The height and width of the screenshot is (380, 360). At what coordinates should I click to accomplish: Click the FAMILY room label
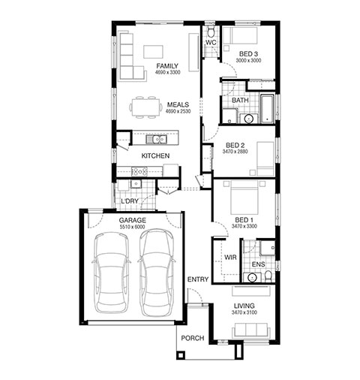(x=167, y=66)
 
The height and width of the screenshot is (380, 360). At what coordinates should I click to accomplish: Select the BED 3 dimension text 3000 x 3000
(x=248, y=60)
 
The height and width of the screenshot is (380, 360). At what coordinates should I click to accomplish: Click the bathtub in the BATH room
(x=268, y=109)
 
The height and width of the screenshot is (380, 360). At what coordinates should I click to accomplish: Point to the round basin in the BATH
(x=248, y=119)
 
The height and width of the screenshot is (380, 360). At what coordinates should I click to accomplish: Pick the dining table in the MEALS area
(x=145, y=107)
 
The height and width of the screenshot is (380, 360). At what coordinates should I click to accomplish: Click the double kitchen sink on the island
(x=157, y=139)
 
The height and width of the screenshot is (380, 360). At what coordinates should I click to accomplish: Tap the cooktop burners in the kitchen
(x=139, y=171)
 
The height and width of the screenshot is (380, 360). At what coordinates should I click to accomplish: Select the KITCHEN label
(x=155, y=156)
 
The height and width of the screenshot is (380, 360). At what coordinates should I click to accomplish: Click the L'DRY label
(x=130, y=201)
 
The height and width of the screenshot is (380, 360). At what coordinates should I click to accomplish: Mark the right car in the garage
(x=157, y=273)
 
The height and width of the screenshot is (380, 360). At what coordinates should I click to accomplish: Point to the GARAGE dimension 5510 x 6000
(x=132, y=227)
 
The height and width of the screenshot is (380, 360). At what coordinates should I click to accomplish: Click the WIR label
(x=230, y=258)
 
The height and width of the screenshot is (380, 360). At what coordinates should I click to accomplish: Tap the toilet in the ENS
(x=268, y=276)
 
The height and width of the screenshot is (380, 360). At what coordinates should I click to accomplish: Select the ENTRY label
(x=198, y=279)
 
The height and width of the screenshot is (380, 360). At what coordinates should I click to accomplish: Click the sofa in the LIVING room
(x=251, y=330)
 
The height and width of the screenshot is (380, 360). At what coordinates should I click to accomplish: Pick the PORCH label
(x=193, y=338)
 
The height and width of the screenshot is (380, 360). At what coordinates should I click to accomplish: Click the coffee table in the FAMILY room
(x=153, y=52)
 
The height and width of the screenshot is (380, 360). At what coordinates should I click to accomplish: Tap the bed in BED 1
(x=244, y=197)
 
